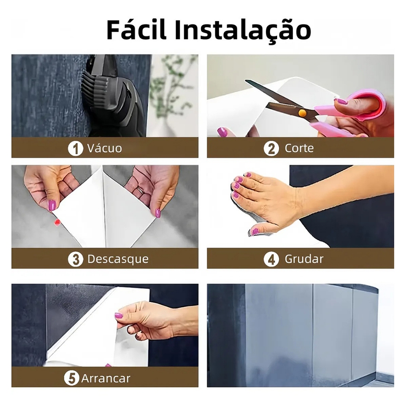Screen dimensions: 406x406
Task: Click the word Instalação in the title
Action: pyautogui.click(x=243, y=30)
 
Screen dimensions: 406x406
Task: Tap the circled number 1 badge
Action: pyautogui.click(x=75, y=148)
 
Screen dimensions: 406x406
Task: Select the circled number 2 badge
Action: pyautogui.click(x=271, y=148)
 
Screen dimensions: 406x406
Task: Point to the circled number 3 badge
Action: pyautogui.click(x=75, y=259)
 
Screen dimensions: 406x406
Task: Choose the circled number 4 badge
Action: pyautogui.click(x=271, y=259)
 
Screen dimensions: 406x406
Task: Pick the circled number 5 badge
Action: pyautogui.click(x=71, y=378)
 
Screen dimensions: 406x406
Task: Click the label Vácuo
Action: pyautogui.click(x=104, y=148)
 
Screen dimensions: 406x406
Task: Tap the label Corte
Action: pyautogui.click(x=299, y=148)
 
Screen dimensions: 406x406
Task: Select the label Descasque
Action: pyautogui.click(x=118, y=259)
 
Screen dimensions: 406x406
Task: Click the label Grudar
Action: pyautogui.click(x=304, y=259)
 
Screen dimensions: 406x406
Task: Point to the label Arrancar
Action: pyautogui.click(x=105, y=379)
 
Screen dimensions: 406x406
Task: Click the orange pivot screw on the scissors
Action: pyautogui.click(x=302, y=113)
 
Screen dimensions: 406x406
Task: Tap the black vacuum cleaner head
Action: pyautogui.click(x=114, y=96)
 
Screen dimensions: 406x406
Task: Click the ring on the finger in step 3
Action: pyautogui.click(x=140, y=191)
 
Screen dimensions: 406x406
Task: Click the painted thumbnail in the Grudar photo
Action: pyautogui.click(x=255, y=231)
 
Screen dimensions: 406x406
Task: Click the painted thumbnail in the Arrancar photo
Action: pyautogui.click(x=119, y=315)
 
